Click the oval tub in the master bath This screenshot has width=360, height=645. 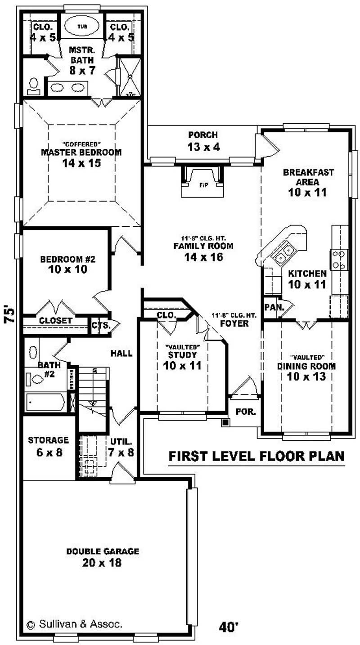coord(81,26)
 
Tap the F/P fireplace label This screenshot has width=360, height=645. coord(202,184)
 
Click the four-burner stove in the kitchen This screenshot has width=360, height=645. coord(340,260)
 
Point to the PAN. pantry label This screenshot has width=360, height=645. coord(272,308)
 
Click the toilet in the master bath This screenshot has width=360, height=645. coord(33,85)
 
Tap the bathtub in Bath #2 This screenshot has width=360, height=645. coord(45,403)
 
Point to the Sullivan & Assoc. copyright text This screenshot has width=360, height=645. coord(75,624)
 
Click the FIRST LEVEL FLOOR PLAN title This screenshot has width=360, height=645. coord(256,456)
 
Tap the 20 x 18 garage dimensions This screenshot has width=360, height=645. coord(102,562)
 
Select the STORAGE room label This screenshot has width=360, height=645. coord(48,439)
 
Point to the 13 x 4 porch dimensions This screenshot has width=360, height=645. coord(203,147)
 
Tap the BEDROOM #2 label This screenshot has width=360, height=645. coord(67,259)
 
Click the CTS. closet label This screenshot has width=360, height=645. coord(98,325)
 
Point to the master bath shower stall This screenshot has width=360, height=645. coord(129,76)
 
